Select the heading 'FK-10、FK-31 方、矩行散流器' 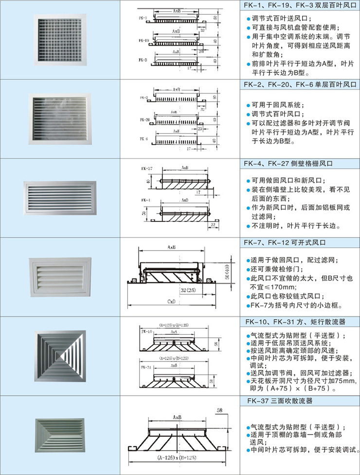tap(295, 322)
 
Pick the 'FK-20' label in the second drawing tap(144, 119)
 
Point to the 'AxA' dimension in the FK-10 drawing tap(174, 331)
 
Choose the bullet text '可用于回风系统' tap(278, 105)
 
